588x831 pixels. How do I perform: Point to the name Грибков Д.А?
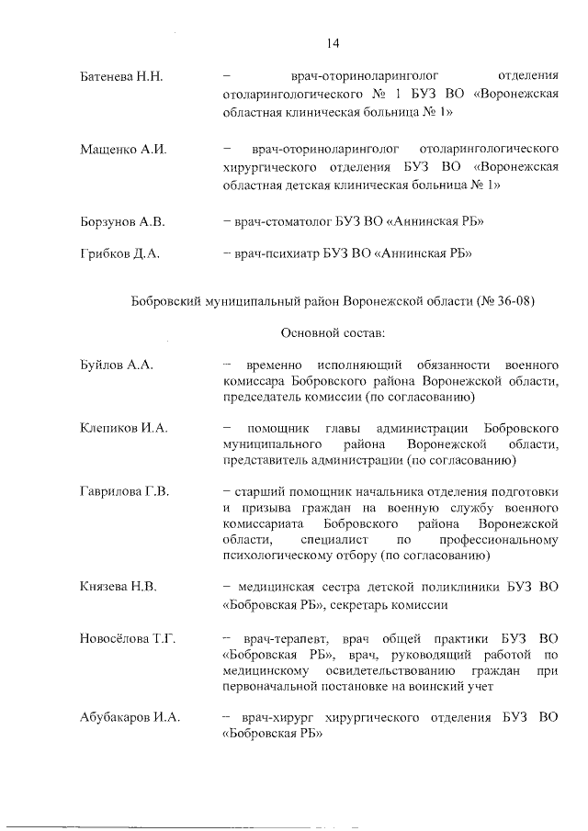tap(120, 254)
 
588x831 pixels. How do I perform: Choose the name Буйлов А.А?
tap(116, 365)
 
